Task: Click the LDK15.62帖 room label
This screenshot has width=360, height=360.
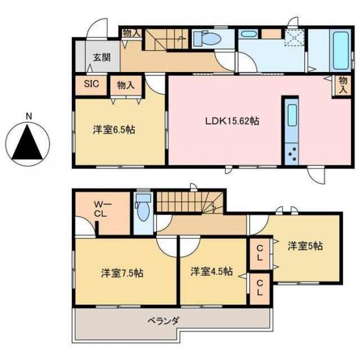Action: (232, 121)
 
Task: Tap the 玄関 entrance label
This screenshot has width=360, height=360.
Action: (102, 57)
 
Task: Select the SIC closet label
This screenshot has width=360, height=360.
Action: (91, 84)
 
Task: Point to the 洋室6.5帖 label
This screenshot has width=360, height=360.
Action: (114, 130)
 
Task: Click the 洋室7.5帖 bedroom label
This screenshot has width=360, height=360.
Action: (123, 273)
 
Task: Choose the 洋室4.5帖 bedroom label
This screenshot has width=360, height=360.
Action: (211, 271)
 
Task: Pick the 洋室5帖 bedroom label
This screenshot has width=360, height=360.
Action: (305, 246)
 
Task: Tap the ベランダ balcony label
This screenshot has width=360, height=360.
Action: (163, 320)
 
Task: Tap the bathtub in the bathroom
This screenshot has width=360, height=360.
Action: (341, 51)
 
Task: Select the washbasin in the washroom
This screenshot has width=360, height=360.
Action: (248, 34)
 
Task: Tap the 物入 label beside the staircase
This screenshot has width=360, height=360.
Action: (131, 33)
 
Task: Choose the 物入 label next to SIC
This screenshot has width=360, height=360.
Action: (126, 86)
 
